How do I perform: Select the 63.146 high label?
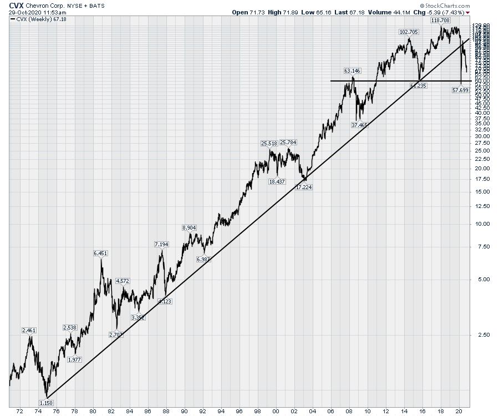352,70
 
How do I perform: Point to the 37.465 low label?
359,125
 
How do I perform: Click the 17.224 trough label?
304,187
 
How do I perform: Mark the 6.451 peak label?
100,253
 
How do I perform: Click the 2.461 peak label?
29,331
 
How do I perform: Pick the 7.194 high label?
161,244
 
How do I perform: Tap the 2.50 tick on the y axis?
480,334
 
